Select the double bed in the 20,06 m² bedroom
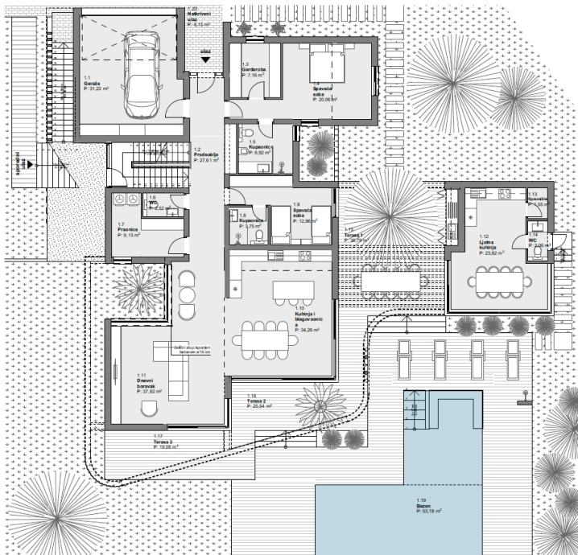pyautogui.click(x=324, y=62)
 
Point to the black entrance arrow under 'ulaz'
pyautogui.click(x=206, y=60)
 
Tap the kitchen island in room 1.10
pyautogui.click(x=292, y=289)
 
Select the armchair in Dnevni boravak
pyautogui.click(x=150, y=410)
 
